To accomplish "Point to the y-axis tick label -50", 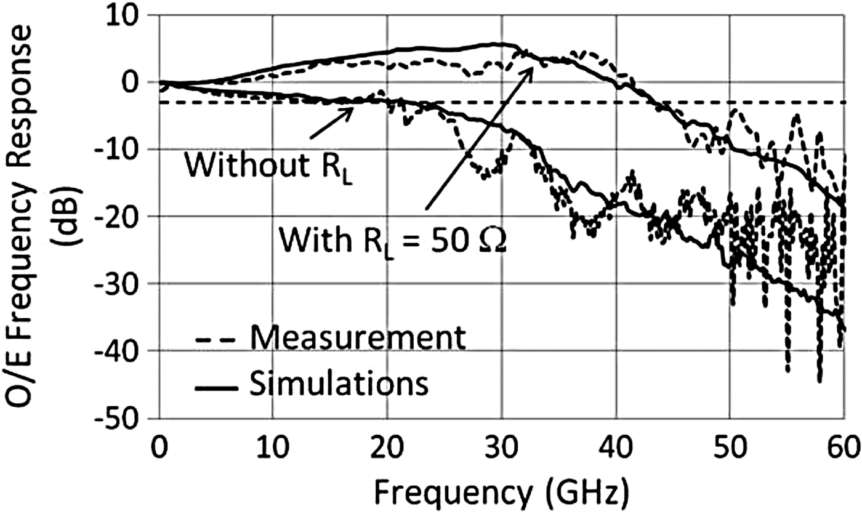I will [120, 418].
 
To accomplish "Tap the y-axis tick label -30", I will [120, 284].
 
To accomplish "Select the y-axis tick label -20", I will [120, 217].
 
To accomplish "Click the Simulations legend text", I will [339, 385].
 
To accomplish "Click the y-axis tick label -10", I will [120, 150].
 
